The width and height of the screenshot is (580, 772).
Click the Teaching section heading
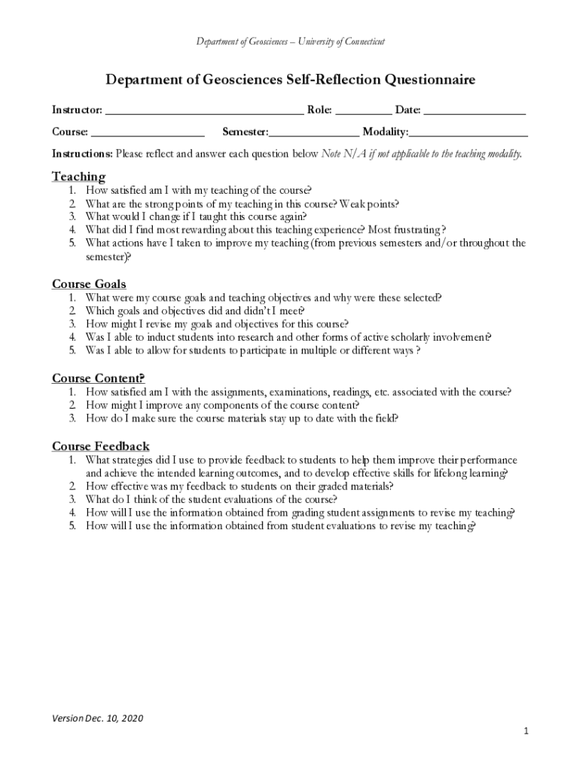[x=78, y=176]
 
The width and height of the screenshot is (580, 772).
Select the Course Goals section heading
[x=89, y=284]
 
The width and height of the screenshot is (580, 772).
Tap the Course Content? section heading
[x=98, y=378]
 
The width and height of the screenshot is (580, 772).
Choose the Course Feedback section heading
[x=100, y=446]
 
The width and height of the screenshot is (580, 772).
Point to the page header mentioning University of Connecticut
[x=290, y=41]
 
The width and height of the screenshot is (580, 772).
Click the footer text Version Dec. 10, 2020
[x=97, y=718]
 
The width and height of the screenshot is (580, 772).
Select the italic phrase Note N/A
[x=343, y=154]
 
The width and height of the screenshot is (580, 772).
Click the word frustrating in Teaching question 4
[x=416, y=230]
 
